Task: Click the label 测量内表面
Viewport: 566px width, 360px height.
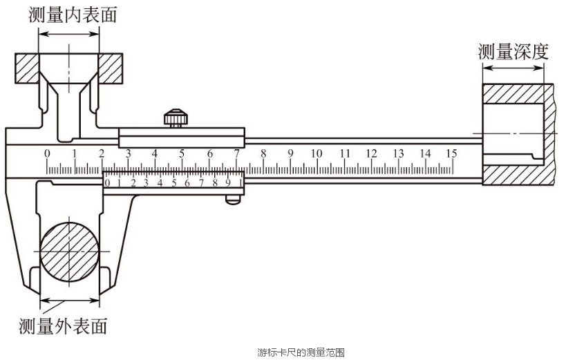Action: [x=73, y=15]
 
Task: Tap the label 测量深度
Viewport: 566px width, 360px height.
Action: [x=513, y=52]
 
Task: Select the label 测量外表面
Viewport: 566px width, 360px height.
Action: [x=63, y=326]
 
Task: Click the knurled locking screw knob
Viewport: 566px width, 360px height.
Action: [x=176, y=117]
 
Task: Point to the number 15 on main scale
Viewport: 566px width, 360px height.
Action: [x=451, y=153]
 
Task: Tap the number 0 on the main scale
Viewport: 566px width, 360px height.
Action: [x=47, y=153]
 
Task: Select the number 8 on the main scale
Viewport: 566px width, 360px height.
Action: [x=263, y=153]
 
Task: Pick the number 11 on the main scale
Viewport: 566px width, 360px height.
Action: [x=345, y=153]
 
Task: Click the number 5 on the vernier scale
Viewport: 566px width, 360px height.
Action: [x=174, y=183]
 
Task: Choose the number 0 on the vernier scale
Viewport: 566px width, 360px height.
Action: [x=107, y=183]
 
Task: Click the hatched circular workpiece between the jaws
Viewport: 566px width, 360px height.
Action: [x=69, y=252]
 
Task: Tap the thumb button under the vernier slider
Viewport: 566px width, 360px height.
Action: [x=233, y=200]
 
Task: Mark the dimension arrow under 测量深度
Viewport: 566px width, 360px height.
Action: [x=513, y=68]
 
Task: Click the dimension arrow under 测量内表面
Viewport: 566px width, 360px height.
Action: [x=68, y=35]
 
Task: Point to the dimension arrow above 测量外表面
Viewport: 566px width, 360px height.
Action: [x=69, y=300]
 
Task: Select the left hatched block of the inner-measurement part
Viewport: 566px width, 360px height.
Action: [x=27, y=68]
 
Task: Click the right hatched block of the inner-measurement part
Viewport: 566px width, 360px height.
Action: [x=111, y=68]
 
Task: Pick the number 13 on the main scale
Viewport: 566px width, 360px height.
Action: [x=398, y=153]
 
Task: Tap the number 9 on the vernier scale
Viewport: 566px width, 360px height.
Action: [x=228, y=183]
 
